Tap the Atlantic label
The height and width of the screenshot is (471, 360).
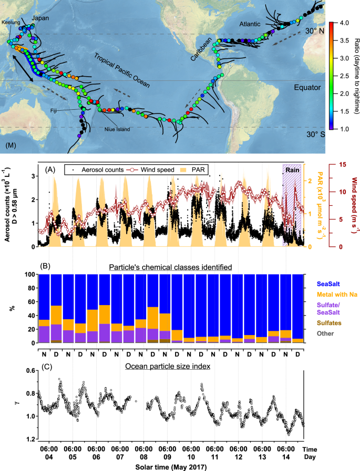coord(243,23)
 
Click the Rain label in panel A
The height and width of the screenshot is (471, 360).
coord(292,170)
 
